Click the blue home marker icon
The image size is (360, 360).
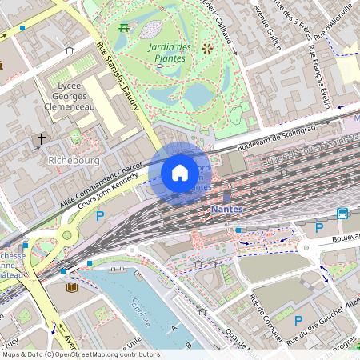click(180, 173)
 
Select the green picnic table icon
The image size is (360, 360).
click(124, 29)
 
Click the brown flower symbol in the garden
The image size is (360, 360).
click(207, 49)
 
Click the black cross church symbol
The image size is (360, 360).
click(41, 140)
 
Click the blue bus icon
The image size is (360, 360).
click(342, 213)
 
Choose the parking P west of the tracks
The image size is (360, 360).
click(100, 216)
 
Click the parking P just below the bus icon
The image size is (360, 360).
click(319, 228)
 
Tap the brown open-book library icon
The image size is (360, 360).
click(71, 286)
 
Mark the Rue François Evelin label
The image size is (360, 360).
click(319, 76)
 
